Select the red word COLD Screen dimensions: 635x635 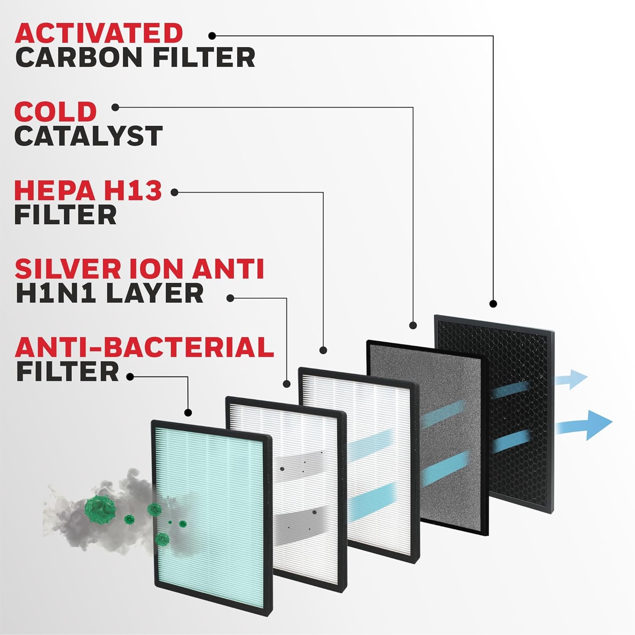pyautogui.click(x=55, y=111)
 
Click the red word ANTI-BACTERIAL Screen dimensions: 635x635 pyautogui.click(x=144, y=347)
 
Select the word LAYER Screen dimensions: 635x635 pyautogui.click(x=155, y=293)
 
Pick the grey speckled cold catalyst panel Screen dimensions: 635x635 pyautogui.click(x=428, y=437)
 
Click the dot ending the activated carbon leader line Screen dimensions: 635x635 pyautogui.click(x=493, y=304)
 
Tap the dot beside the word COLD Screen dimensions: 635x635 pyautogui.click(x=116, y=108)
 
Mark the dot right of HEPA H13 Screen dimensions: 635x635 pyautogui.click(x=174, y=193)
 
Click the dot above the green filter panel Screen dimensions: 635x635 pyautogui.click(x=188, y=412)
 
